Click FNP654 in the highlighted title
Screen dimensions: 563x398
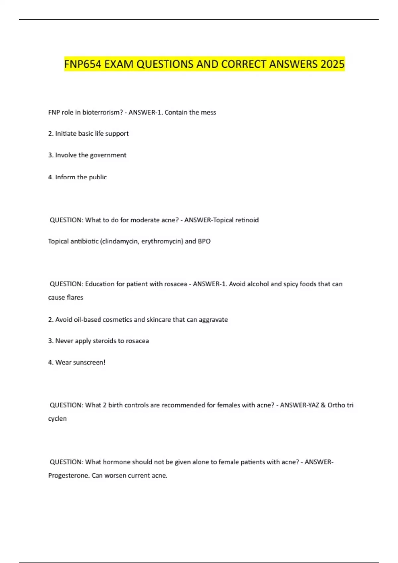[83, 64]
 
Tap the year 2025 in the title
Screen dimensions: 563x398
[332, 64]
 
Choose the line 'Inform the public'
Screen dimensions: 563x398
[77, 177]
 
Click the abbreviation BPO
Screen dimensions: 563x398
[204, 241]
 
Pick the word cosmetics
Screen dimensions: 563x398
[118, 320]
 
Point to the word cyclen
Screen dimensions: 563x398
[57, 419]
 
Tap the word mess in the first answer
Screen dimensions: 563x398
[208, 112]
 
